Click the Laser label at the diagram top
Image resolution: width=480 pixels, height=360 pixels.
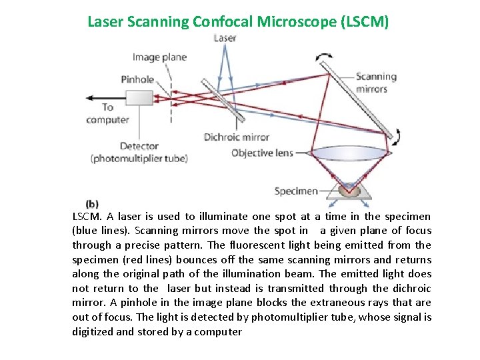point(225,38)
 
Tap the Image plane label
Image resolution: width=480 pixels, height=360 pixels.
point(159,57)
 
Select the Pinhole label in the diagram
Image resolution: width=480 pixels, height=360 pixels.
point(137,79)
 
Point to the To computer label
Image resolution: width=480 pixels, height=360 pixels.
point(107,113)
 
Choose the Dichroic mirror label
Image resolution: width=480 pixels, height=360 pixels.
point(236,137)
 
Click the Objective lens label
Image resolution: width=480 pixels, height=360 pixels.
point(262,153)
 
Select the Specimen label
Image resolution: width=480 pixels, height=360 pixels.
point(296,191)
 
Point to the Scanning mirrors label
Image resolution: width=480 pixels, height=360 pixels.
point(375,83)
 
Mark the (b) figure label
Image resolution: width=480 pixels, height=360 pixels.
point(93,203)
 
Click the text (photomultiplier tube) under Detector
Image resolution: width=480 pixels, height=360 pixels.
point(139,159)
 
